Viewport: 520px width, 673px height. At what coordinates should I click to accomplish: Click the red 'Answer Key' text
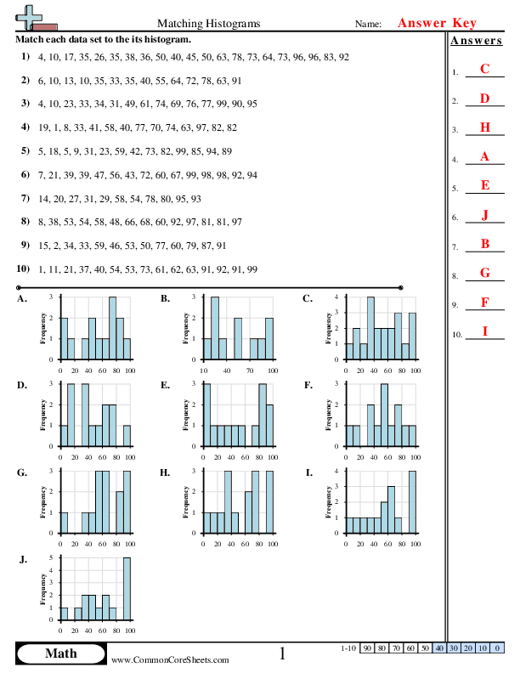coord(437,24)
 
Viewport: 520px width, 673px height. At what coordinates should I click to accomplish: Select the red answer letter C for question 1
coord(484,70)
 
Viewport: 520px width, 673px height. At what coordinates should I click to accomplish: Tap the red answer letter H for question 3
coord(484,127)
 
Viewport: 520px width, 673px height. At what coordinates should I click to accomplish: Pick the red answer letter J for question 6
coord(484,214)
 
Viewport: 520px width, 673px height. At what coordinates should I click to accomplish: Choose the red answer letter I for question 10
coord(484,331)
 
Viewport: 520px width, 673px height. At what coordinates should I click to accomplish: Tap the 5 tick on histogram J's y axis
coord(53,557)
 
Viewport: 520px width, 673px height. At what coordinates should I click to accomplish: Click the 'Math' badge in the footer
coord(59,653)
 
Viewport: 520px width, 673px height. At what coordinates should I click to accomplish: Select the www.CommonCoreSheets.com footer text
coord(169,659)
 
